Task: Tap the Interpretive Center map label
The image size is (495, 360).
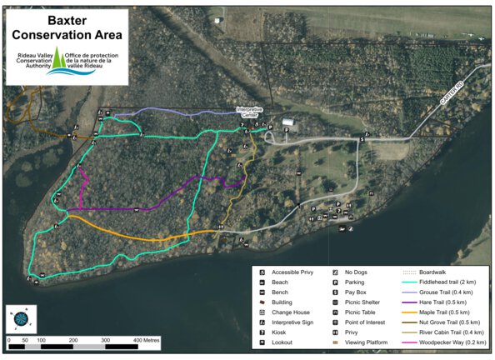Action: click(x=250, y=112)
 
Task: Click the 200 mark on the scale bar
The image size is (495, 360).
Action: click(x=73, y=341)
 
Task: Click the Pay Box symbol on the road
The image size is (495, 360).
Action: click(x=362, y=139)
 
